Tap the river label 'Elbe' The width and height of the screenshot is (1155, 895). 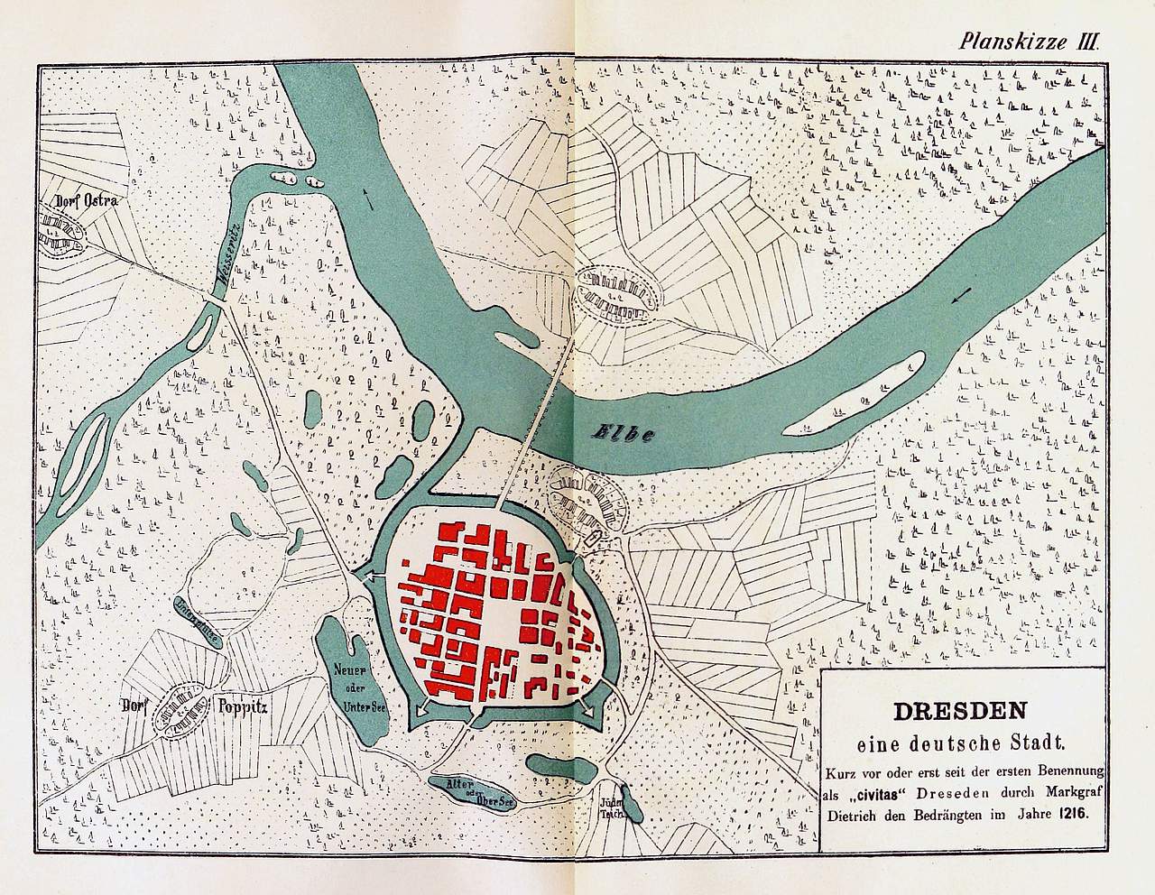pyautogui.click(x=622, y=432)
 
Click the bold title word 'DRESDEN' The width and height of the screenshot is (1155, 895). pyautogui.click(x=962, y=709)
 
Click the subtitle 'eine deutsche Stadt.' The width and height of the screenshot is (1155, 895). pyautogui.click(x=962, y=744)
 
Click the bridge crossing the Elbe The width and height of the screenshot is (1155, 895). pyautogui.click(x=546, y=406)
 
